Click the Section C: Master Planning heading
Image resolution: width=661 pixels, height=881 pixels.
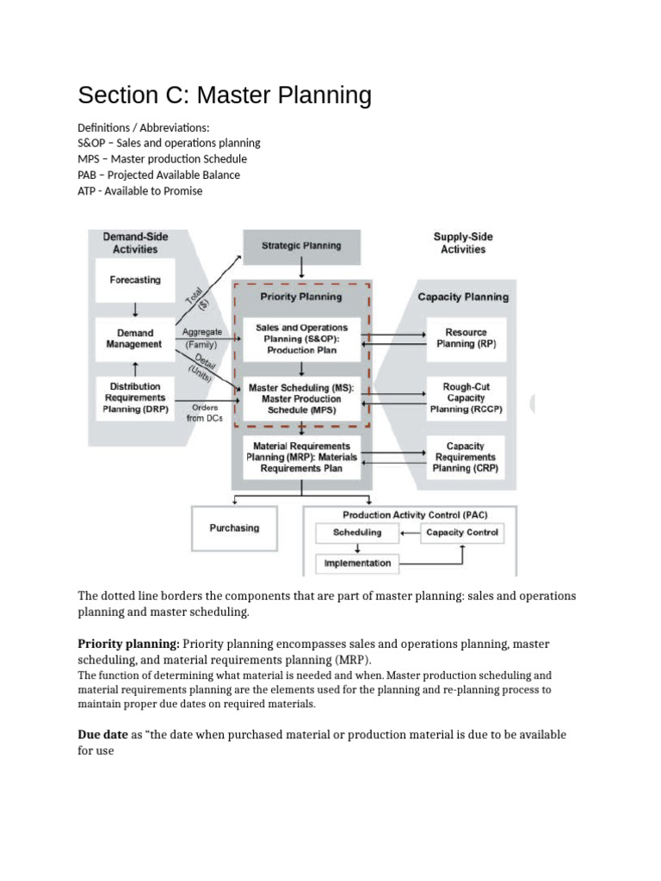[225, 95]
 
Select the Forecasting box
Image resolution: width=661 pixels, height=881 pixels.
[134, 280]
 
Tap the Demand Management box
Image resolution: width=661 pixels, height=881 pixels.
[134, 338]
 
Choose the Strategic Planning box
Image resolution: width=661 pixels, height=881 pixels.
[300, 245]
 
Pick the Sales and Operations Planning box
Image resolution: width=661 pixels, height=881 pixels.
[301, 339]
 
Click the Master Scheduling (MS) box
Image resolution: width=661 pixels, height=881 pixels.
[301, 399]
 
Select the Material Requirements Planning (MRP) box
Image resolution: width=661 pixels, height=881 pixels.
[301, 458]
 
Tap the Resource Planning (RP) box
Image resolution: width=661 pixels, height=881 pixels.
[466, 338]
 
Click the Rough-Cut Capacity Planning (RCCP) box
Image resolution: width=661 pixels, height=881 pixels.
[466, 398]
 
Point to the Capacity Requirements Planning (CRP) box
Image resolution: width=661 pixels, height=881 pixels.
[465, 458]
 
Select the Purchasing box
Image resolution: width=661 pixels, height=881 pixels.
[234, 528]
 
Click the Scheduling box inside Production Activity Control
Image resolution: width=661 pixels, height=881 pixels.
[356, 533]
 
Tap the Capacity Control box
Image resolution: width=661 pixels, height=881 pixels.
[462, 533]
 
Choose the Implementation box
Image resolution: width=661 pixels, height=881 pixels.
[356, 564]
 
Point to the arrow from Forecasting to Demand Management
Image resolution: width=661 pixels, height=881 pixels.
[134, 309]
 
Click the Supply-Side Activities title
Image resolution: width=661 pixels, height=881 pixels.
[463, 243]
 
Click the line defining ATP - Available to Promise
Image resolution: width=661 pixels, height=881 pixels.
[140, 191]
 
